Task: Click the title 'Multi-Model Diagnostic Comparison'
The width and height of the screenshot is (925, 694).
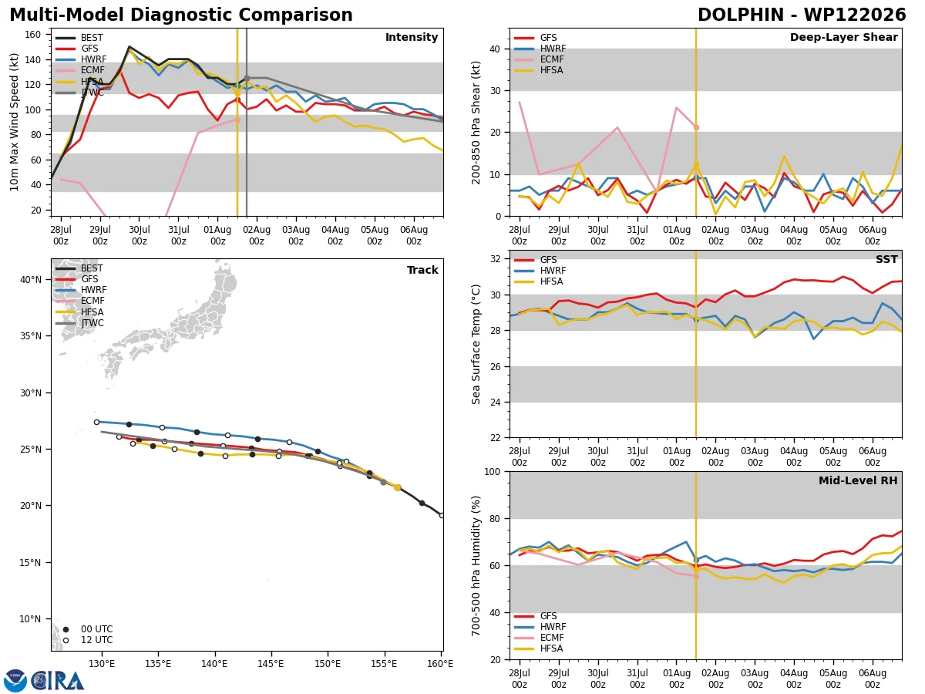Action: click(x=181, y=15)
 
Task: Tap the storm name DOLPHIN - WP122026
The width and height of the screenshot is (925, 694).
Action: click(x=802, y=15)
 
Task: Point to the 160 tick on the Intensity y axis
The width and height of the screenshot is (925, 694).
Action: click(x=32, y=35)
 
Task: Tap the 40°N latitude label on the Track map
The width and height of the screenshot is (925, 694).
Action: click(x=31, y=279)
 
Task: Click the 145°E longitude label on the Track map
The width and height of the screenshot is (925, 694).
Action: click(x=271, y=664)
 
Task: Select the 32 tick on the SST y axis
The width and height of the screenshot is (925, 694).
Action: click(x=496, y=259)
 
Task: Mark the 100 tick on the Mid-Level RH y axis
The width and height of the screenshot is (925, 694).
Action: click(x=493, y=471)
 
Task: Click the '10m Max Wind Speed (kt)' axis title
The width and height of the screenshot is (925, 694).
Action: click(x=14, y=122)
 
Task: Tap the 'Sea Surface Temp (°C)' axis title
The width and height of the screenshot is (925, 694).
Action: click(x=476, y=344)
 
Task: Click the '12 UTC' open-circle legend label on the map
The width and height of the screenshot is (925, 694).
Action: click(x=97, y=640)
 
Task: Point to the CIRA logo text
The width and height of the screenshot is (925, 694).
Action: click(x=58, y=680)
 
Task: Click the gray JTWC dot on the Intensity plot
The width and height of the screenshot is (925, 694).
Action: click(x=247, y=79)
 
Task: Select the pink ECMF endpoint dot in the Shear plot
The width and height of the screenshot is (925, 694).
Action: click(x=696, y=127)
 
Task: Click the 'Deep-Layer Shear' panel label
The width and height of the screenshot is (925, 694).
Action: click(x=843, y=37)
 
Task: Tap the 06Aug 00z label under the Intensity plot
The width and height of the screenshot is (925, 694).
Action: click(x=414, y=235)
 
